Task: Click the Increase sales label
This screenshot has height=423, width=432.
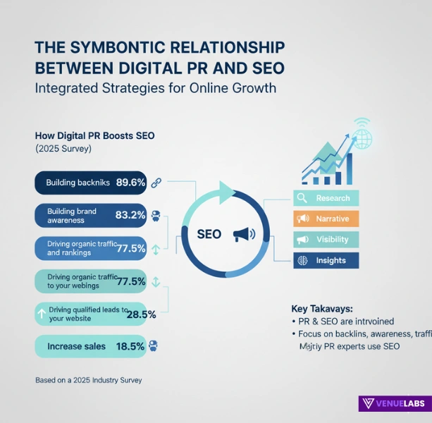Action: point(76,346)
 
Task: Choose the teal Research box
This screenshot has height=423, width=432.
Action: point(326,198)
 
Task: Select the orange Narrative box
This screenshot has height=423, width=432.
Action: point(326,219)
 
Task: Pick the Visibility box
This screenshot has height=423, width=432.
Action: point(326,240)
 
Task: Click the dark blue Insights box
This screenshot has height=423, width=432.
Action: point(326,260)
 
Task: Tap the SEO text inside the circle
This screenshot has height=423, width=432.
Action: point(210,233)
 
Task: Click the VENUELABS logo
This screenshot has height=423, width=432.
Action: point(392,404)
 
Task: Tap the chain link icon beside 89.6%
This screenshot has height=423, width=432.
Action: point(156,183)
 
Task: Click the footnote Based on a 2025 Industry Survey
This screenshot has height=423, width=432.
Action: point(88,380)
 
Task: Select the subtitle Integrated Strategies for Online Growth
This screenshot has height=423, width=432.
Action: point(155,89)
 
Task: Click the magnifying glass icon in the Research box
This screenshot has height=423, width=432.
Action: point(302,198)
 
